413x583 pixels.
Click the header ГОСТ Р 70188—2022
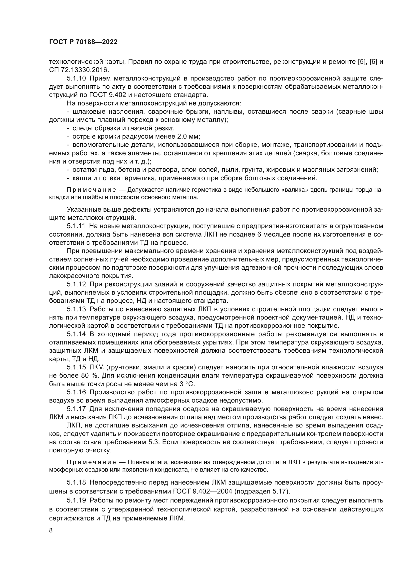click(83, 42)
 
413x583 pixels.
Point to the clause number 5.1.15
click(76, 367)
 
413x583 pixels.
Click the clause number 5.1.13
click(76, 309)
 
